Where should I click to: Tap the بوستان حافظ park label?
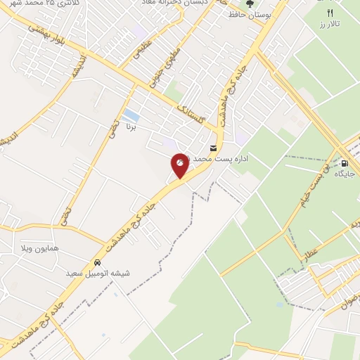[x=249, y=15]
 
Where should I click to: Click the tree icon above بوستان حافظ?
[x=249, y=4]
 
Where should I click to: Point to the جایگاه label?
[x=342, y=173]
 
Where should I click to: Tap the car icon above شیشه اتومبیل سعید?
[x=96, y=262]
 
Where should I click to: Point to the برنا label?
[x=130, y=129]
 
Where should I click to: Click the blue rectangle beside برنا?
[x=130, y=115]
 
